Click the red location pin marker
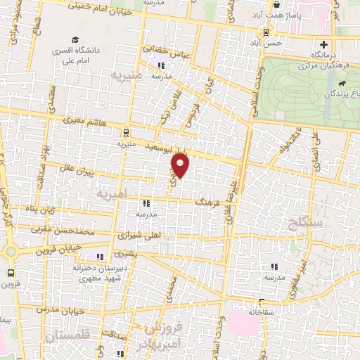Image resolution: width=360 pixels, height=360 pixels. (181, 166)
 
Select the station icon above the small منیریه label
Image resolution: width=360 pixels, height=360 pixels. (126, 131)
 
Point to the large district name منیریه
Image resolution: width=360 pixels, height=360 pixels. (127, 74)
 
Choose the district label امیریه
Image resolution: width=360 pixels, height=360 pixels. (112, 193)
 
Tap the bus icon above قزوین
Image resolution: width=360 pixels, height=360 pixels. (11, 273)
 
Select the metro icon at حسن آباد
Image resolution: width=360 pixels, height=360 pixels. (266, 31)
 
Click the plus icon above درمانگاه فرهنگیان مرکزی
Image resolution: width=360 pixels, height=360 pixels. (323, 43)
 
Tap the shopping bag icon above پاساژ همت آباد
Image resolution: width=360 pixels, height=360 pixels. (276, 5)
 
